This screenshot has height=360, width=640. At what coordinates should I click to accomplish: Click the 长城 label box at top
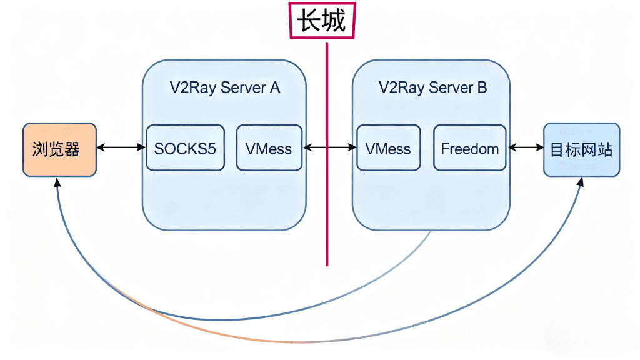coord(321,21)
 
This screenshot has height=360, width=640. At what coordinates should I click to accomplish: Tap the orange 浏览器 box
coord(59,149)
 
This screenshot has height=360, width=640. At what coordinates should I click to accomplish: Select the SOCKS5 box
coord(185,148)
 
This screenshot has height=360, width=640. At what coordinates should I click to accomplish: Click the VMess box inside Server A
coord(269,148)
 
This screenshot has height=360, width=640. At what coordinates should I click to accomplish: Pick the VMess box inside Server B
coord(388,148)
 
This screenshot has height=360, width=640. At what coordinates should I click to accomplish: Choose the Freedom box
coord(469,148)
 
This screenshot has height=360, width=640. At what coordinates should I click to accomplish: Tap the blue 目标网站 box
coord(581,149)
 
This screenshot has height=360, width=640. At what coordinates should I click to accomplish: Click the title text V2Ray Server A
coord(225,87)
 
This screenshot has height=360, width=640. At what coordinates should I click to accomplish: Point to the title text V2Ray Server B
coord(432,87)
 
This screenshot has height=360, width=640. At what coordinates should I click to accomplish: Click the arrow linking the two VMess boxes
coord(329,147)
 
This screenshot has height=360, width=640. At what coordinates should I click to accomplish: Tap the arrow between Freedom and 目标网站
coord(525,147)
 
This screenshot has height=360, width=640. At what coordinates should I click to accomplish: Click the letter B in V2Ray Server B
coord(481,87)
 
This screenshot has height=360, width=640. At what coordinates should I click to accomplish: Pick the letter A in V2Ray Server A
coord(274,87)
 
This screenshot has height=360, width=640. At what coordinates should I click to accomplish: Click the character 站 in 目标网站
coord(605,149)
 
